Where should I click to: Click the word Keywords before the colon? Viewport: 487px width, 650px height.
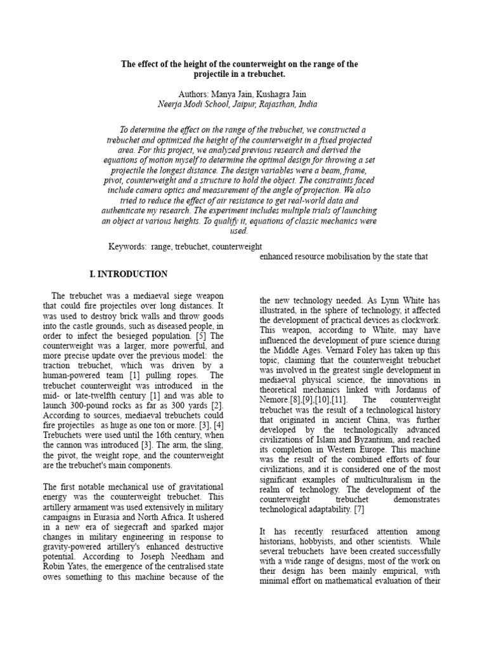click(x=127, y=246)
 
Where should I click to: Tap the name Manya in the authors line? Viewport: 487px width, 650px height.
click(x=212, y=94)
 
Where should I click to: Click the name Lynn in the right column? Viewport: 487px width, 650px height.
click(x=389, y=300)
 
